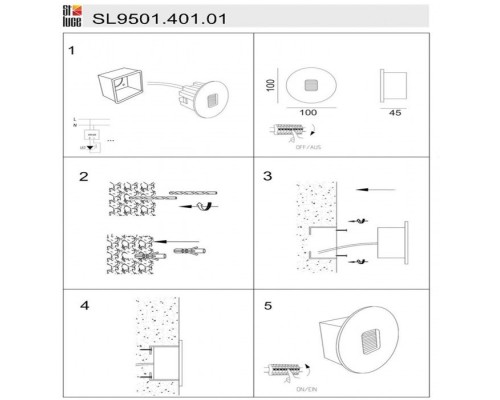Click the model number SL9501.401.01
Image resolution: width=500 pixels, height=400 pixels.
click(x=151, y=18)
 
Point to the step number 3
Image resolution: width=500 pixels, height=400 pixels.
click(x=267, y=177)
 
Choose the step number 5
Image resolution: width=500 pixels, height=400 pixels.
click(x=267, y=303)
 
